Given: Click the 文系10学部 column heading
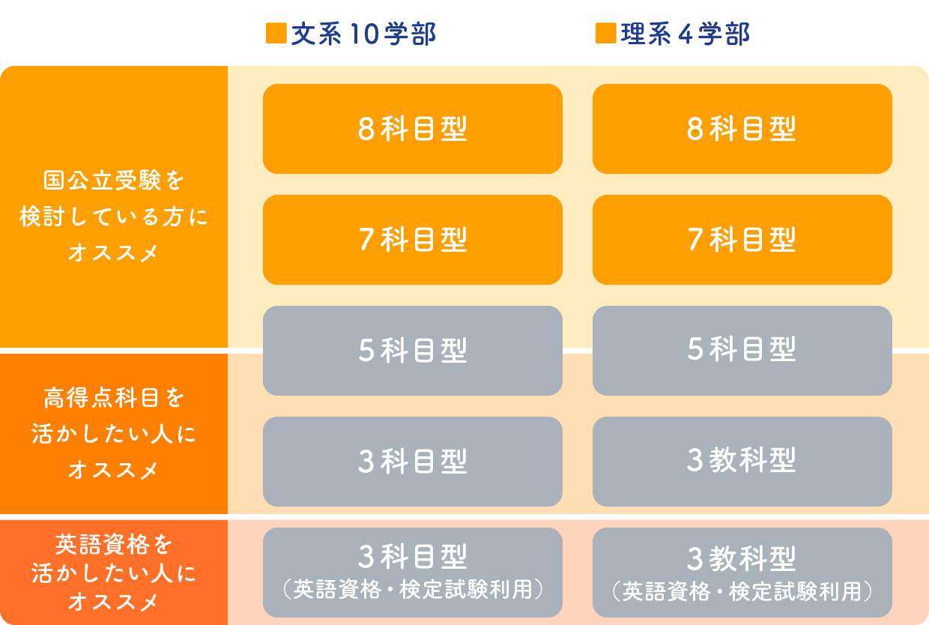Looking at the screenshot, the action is coord(363,34).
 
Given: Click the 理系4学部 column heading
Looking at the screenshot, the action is coord(685,34).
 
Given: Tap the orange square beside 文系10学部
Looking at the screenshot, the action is coord(276,33).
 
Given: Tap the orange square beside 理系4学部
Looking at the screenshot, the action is coord(606,33).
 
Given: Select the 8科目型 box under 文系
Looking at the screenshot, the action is coord(413,129).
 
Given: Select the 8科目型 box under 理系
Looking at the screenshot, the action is coord(742,129).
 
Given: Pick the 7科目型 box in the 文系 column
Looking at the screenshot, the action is coord(413,240).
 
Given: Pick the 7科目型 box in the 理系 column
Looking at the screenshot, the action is coord(742,240).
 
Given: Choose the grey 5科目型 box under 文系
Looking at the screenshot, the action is coord(413,351).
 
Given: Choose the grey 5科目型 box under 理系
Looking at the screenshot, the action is coord(742,351).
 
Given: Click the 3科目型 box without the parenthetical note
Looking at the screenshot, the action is coord(413,462).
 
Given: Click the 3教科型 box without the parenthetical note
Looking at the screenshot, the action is coord(742,462).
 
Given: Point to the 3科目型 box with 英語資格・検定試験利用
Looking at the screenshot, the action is coord(413,573).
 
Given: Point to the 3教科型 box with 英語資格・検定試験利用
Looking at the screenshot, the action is coord(742,573).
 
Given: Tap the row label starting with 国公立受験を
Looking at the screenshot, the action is coord(114,216).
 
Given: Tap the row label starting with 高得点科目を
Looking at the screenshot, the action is coord(114,434).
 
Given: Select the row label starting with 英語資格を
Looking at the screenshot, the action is coord(114,573).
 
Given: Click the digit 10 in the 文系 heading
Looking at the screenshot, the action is coord(363,34).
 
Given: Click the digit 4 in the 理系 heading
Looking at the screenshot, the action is coord(686,34).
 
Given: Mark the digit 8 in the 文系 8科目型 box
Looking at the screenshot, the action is coord(366,129).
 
